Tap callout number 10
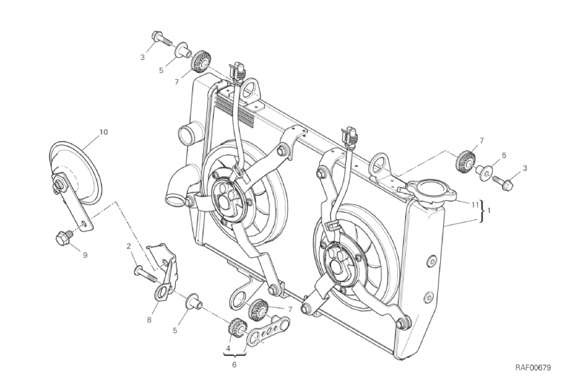[103, 132]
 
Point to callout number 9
[85, 256]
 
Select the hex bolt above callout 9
[63, 238]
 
